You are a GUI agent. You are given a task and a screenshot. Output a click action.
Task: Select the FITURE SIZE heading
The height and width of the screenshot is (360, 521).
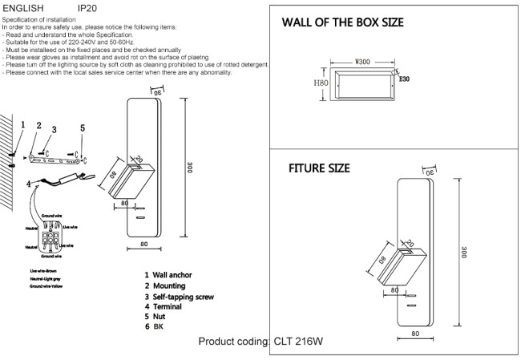pyautogui.click(x=318, y=170)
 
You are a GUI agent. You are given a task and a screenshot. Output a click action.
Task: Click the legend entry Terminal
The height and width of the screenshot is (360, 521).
pyautogui.click(x=165, y=306)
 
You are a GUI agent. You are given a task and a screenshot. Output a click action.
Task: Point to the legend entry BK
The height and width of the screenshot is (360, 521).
pyautogui.click(x=153, y=327)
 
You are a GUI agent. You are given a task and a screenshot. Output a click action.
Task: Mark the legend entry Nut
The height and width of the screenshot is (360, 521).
pyautogui.click(x=157, y=317)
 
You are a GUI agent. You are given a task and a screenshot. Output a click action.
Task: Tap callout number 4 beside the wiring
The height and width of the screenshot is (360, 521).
pyautogui.click(x=29, y=184)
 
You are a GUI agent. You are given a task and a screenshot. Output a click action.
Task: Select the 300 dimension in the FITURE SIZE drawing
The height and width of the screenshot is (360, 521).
pyautogui.click(x=464, y=252)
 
